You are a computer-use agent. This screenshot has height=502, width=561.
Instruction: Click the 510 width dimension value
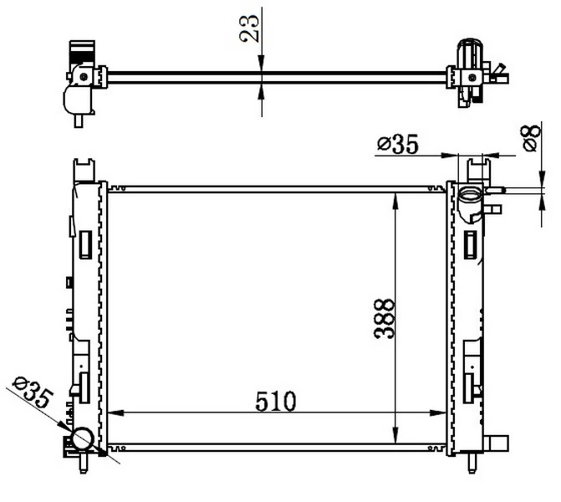[x=276, y=401]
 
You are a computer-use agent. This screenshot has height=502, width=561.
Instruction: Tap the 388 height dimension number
[x=384, y=319]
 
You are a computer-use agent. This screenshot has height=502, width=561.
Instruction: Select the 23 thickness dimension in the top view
[x=249, y=28]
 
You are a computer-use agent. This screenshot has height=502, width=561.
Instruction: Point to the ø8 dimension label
[x=531, y=138]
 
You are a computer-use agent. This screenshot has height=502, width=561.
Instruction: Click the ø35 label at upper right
[x=397, y=144]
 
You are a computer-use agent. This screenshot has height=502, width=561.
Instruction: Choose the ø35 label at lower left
[x=33, y=392]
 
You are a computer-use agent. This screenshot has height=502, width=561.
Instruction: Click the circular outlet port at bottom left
[x=83, y=439]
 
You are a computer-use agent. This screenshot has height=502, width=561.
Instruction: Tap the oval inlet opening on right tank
[x=471, y=196]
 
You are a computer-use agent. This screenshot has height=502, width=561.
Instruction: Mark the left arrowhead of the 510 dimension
[x=115, y=412]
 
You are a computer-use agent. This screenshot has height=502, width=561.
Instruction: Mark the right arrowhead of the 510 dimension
[x=438, y=412]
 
